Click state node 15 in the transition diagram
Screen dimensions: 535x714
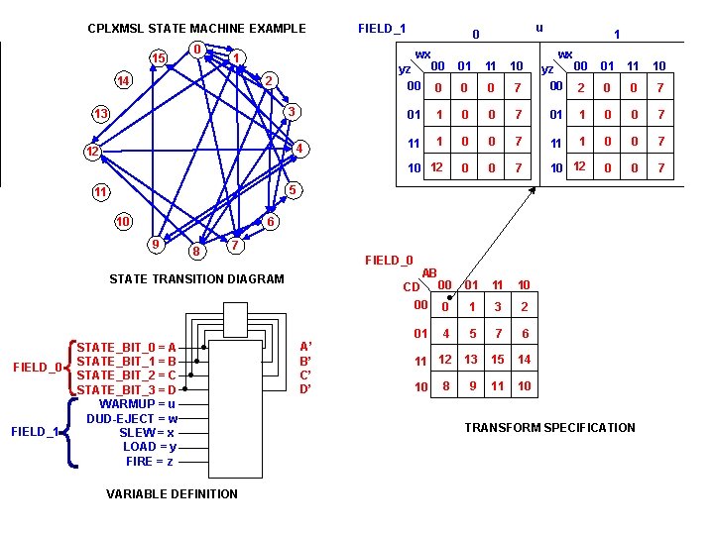pos(158,58)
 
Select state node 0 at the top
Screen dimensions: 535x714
pos(198,49)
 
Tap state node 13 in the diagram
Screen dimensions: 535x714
pos(100,114)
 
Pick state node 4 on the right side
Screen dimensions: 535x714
pos(300,149)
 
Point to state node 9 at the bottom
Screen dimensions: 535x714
pos(156,244)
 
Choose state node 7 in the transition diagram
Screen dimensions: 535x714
pos(233,244)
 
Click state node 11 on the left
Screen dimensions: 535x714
pos(100,191)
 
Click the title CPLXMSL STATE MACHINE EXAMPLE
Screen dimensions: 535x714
pos(196,29)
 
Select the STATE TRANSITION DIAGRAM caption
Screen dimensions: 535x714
pos(195,279)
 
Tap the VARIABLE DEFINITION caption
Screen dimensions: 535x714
pos(172,493)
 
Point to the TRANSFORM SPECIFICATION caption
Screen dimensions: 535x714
pos(549,428)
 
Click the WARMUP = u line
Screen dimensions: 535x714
pos(138,403)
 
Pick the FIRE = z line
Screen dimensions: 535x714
pos(150,461)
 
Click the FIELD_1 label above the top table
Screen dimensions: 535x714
pos(382,29)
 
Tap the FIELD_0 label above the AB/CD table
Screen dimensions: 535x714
pos(389,261)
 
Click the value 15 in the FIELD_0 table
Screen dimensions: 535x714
pos(497,360)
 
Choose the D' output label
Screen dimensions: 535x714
pos(306,389)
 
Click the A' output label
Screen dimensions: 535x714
pos(306,347)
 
